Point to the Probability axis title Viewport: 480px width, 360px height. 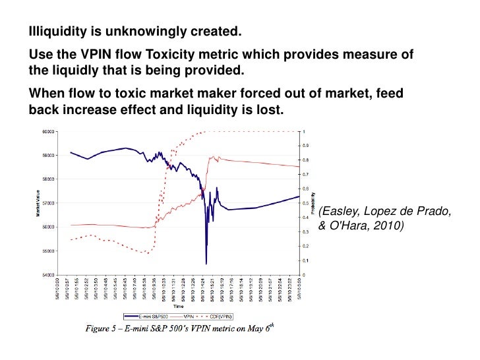coord(315,203)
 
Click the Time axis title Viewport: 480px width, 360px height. coord(178,307)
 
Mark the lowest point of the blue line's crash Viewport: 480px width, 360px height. coord(206,264)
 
